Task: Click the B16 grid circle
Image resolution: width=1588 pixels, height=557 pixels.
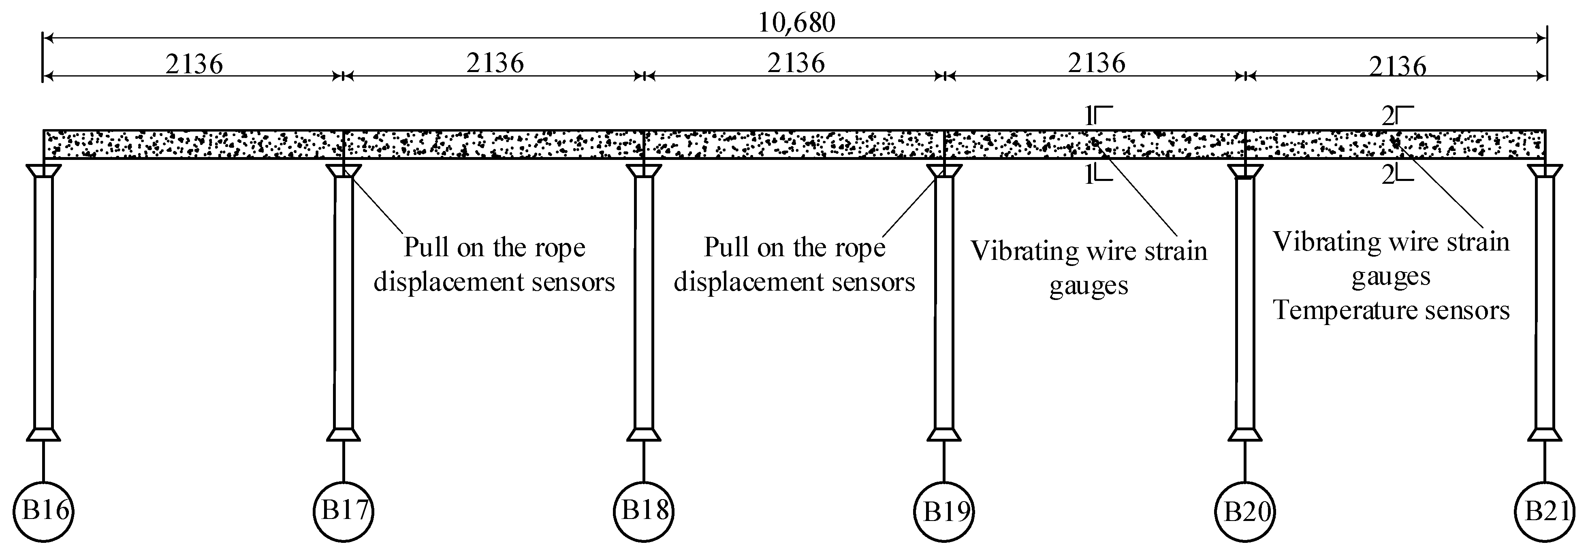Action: click(44, 511)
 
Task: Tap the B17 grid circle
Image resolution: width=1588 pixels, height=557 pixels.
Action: click(344, 511)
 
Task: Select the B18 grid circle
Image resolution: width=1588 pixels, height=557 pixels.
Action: click(644, 511)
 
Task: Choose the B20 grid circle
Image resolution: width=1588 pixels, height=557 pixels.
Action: click(1244, 511)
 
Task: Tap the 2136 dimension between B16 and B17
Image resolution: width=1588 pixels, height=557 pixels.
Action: click(194, 64)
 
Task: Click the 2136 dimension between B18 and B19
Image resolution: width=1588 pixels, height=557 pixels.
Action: click(795, 63)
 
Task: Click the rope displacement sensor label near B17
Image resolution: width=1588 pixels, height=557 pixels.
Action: click(494, 265)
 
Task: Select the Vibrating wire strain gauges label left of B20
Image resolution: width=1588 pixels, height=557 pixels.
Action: click(1089, 268)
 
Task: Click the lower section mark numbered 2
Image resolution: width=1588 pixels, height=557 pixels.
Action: click(1397, 176)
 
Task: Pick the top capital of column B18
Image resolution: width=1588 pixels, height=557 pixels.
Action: click(644, 171)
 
